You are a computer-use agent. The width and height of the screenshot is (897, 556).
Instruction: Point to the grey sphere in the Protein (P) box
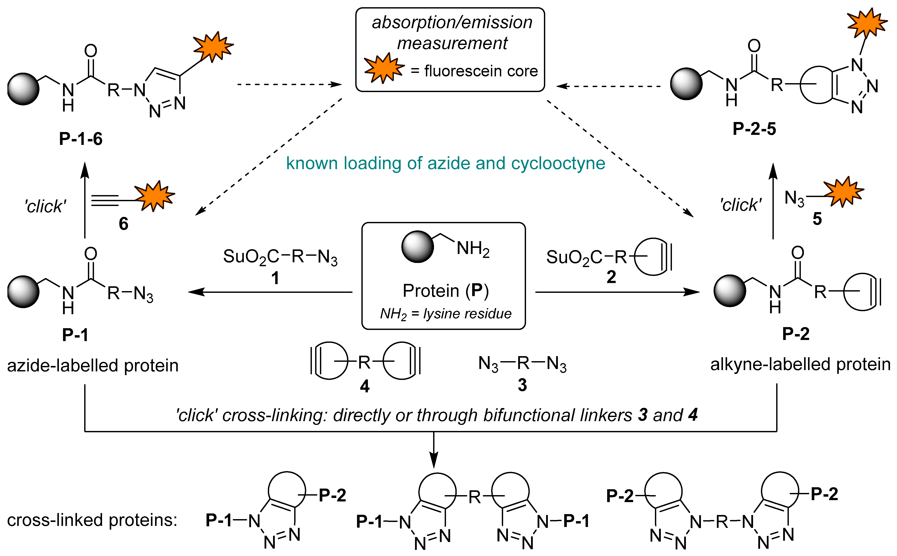pyautogui.click(x=417, y=247)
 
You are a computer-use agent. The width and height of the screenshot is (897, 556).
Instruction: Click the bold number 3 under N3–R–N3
pyautogui.click(x=522, y=385)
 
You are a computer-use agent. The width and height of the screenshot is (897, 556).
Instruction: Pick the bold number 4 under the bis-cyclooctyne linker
pyautogui.click(x=364, y=386)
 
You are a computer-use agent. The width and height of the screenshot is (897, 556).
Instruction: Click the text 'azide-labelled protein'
pyautogui.click(x=93, y=366)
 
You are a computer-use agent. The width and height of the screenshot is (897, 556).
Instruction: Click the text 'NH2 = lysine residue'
pyautogui.click(x=445, y=314)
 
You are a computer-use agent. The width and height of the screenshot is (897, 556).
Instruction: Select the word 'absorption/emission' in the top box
pyautogui.click(x=452, y=22)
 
